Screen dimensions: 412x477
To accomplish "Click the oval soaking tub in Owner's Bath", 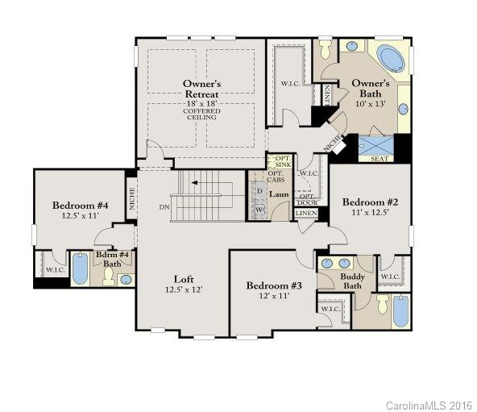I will pyautogui.click(x=391, y=59).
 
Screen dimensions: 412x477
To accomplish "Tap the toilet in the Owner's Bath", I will pyautogui.click(x=326, y=50).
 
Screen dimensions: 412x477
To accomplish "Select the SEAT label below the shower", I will pyautogui.click(x=379, y=159).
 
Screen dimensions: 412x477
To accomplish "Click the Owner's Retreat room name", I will pyautogui.click(x=201, y=89).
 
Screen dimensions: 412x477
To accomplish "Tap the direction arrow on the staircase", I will pyautogui.click(x=194, y=183).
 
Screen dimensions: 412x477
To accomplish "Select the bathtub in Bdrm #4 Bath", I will pyautogui.click(x=80, y=268).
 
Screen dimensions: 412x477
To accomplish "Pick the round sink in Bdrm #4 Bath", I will pyautogui.click(x=126, y=280).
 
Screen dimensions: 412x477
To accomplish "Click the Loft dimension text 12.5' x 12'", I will pyautogui.click(x=183, y=289).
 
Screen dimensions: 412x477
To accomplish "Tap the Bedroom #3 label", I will pyautogui.click(x=274, y=286).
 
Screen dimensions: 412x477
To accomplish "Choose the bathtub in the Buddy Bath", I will pyautogui.click(x=400, y=310).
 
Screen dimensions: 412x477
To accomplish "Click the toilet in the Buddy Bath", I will pyautogui.click(x=382, y=305).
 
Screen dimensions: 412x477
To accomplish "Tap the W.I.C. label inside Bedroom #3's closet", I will pyautogui.click(x=330, y=309).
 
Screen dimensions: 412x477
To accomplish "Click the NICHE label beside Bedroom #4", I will pyautogui.click(x=132, y=199).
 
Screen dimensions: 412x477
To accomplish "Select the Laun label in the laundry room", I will pyautogui.click(x=280, y=194).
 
